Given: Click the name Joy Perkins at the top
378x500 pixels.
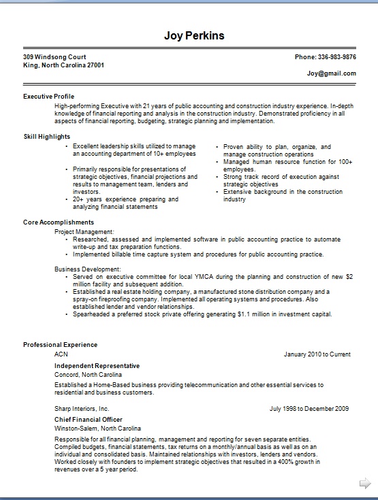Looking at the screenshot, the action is pos(194,35).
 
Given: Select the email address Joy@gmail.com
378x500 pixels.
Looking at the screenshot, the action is pos(331,73).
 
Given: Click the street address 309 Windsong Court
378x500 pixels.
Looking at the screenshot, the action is pos(54,57).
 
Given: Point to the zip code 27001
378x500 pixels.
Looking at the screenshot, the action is pos(94,65).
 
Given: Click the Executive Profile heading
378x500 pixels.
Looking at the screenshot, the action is pos(48,97).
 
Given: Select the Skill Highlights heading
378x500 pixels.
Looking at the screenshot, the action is pos(47,137).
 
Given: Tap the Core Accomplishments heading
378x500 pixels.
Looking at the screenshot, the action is pos(59,222).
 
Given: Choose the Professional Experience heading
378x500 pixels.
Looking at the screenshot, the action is pos(60,345).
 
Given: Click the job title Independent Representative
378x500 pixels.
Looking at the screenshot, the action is pos(97,366).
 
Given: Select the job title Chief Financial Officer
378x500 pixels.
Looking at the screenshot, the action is pos(89,420).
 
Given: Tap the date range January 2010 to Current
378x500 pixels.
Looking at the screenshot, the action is pos(317,354).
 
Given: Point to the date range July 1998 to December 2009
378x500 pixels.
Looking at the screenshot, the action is pos(309,409).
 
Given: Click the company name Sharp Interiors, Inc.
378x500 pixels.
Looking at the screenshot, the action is pos(82,409).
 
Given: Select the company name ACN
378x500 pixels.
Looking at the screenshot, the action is pos(61,354).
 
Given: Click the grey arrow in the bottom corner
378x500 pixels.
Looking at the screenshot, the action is pos(364,483).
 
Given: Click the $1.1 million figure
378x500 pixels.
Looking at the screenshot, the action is pos(249,315).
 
